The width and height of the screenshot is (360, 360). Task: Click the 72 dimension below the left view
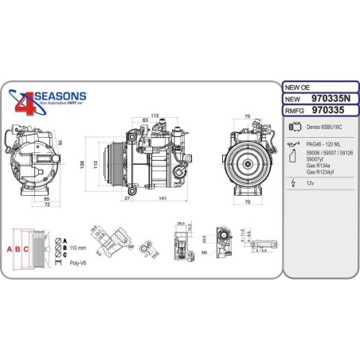point(46,205)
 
